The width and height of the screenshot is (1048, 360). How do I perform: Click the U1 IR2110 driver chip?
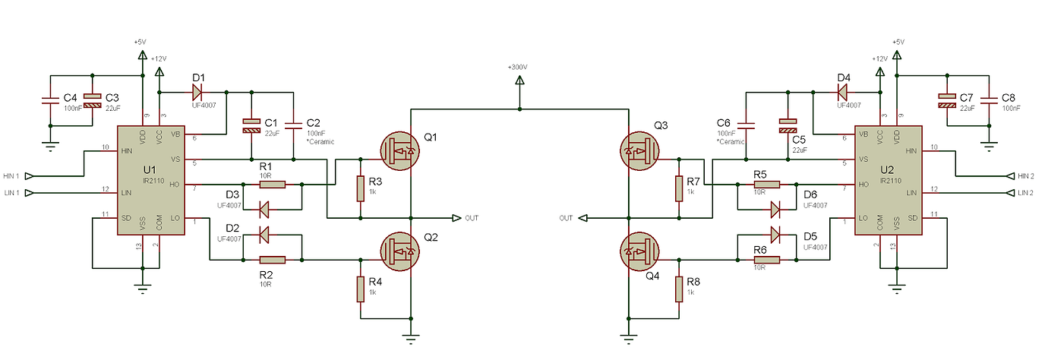[x=148, y=179]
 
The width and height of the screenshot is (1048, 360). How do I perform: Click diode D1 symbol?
[x=197, y=93]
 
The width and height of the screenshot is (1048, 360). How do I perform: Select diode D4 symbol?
[x=842, y=93]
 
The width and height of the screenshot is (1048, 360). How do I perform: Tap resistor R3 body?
[x=360, y=188]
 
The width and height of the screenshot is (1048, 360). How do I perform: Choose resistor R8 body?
[x=678, y=289]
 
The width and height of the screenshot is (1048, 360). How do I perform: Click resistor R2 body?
[x=271, y=260]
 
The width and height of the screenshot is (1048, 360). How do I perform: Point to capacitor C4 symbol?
[x=50, y=100]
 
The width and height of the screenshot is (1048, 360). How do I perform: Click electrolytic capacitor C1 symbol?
[x=251, y=125]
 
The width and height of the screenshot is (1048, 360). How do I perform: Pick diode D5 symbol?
[x=775, y=233]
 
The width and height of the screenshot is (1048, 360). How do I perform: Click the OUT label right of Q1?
[x=472, y=218]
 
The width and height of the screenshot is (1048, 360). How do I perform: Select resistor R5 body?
[x=765, y=184]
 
